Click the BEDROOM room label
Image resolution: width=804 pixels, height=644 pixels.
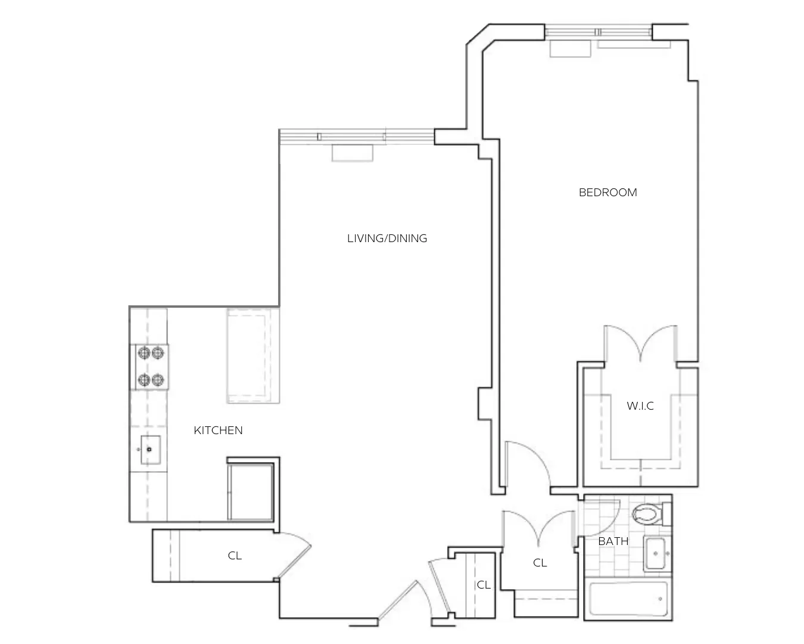click(x=607, y=193)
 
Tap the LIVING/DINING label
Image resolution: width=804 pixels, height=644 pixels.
click(x=387, y=239)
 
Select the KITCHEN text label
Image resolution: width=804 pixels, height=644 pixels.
click(x=218, y=431)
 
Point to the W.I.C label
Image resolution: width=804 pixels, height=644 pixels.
click(x=640, y=406)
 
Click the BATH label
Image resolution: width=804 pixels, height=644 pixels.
click(x=613, y=541)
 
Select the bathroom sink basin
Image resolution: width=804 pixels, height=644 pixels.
click(x=656, y=554)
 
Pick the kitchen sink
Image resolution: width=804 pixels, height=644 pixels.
click(x=150, y=450)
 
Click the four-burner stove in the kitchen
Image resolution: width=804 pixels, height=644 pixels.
click(x=151, y=367)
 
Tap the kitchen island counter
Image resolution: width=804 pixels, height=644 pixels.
click(x=253, y=355)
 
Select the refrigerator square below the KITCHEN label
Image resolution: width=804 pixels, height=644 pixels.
click(x=251, y=490)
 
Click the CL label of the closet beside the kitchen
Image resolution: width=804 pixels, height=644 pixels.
click(x=235, y=556)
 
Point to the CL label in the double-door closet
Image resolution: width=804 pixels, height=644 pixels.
click(x=540, y=563)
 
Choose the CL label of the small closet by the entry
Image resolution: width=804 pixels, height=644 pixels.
click(x=484, y=586)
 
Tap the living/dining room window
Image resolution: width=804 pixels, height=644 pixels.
click(x=356, y=137)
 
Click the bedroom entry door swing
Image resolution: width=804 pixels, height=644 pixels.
click(x=527, y=462)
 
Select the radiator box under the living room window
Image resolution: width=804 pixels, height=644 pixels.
click(x=352, y=153)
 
